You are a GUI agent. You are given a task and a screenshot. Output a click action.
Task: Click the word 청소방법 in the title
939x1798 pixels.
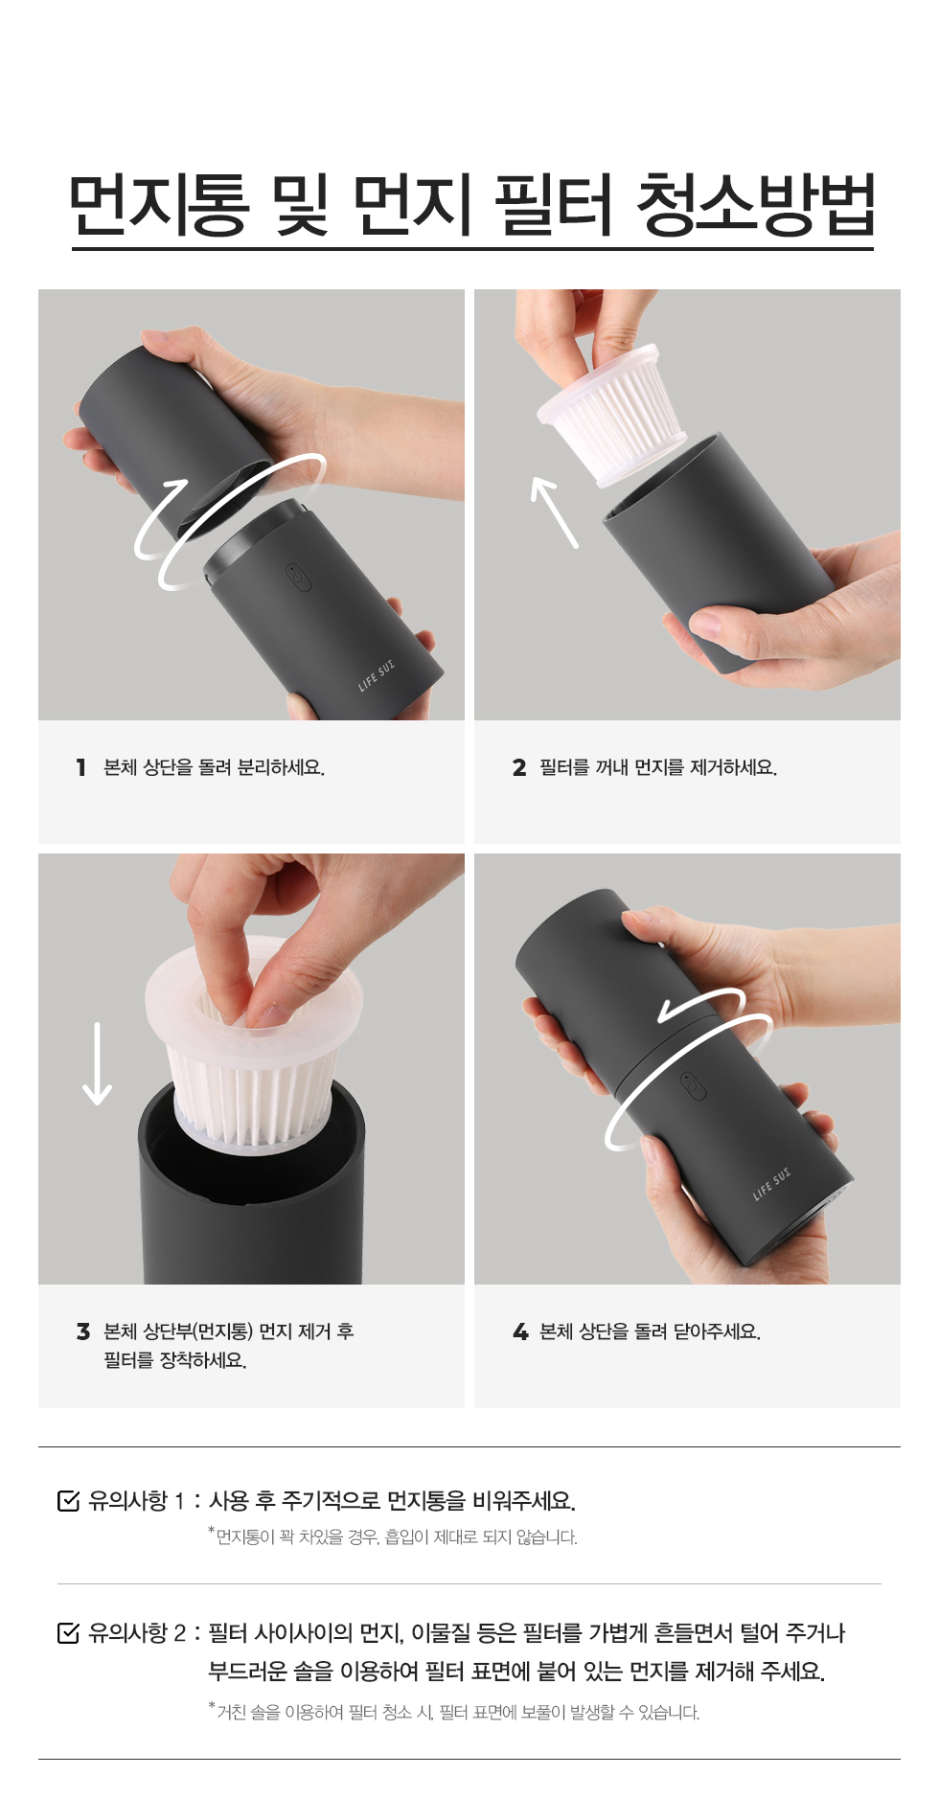click(755, 205)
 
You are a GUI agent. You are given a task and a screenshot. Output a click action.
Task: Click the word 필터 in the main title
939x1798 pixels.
click(554, 205)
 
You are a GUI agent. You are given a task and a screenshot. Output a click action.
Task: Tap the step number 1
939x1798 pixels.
click(81, 767)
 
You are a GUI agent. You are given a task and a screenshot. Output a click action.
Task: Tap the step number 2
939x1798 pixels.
click(519, 767)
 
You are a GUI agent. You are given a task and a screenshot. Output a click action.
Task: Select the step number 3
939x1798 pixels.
click(83, 1331)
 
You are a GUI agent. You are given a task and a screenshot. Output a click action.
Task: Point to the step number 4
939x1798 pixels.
click(520, 1331)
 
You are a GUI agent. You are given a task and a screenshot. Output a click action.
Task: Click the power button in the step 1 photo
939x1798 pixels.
click(297, 579)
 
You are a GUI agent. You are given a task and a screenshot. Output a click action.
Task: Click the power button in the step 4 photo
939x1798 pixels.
click(692, 1086)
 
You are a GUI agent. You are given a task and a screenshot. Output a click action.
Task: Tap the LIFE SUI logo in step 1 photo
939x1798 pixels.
click(376, 675)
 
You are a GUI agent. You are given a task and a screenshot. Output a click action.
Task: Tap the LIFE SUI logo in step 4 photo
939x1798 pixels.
click(771, 1183)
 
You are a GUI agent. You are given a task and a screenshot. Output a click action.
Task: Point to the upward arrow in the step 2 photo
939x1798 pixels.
click(555, 512)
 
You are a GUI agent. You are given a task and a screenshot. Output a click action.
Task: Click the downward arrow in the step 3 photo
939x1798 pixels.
click(97, 1063)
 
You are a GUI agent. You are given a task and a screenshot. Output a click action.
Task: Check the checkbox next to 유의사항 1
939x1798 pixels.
click(69, 1501)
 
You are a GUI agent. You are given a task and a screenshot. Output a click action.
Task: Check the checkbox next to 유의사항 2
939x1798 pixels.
click(69, 1632)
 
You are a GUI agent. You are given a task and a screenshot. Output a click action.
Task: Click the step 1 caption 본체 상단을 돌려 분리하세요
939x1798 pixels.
click(214, 767)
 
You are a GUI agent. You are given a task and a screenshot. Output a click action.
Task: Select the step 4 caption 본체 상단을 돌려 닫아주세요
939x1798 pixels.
click(650, 1331)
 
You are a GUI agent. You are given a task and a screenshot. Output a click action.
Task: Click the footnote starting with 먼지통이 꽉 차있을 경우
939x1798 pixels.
click(393, 1536)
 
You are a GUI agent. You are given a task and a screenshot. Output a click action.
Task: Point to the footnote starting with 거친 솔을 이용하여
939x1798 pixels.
click(454, 1712)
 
